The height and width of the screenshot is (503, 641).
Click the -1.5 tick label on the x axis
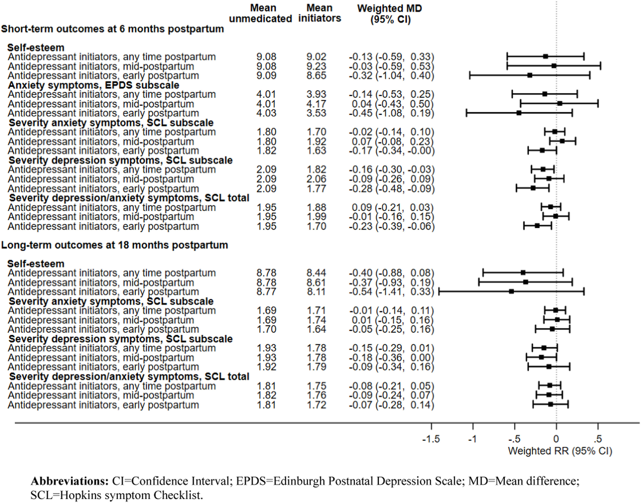[431, 439]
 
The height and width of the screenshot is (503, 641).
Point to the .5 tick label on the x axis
[598, 439]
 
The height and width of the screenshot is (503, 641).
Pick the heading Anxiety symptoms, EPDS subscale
[94, 85]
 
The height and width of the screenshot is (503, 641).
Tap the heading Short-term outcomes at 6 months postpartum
[112, 29]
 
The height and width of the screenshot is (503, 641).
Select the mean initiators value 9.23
[316, 66]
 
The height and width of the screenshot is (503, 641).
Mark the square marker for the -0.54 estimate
[511, 292]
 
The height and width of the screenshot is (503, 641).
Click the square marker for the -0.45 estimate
[519, 113]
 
